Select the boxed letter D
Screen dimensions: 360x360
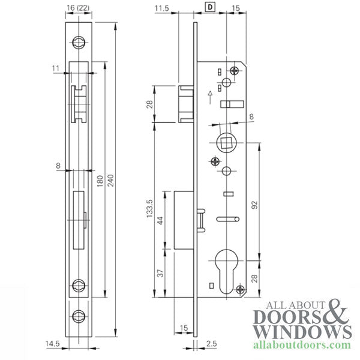pyautogui.click(x=211, y=8)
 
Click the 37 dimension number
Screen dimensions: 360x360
pyautogui.click(x=158, y=273)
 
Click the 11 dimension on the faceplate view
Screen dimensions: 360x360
pyautogui.click(x=56, y=69)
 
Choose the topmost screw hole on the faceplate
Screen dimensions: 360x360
pyautogui.click(x=79, y=42)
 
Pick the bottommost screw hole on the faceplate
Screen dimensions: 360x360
pyautogui.click(x=79, y=316)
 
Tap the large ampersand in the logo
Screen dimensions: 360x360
pyautogui.click(x=338, y=311)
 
